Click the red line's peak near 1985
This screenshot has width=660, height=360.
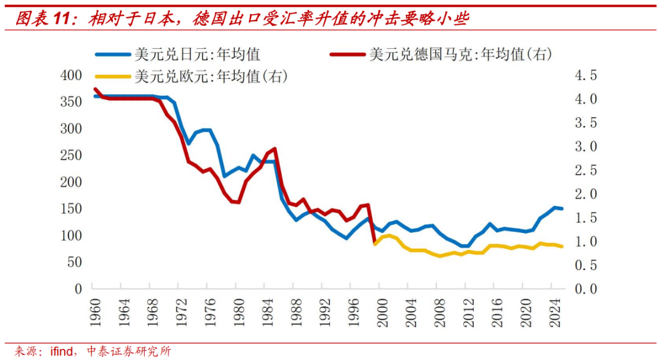point(274,149)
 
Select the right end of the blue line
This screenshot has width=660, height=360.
point(562,208)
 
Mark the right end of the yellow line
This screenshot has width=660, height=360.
point(562,246)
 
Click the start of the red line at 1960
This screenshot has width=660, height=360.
point(95,89)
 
